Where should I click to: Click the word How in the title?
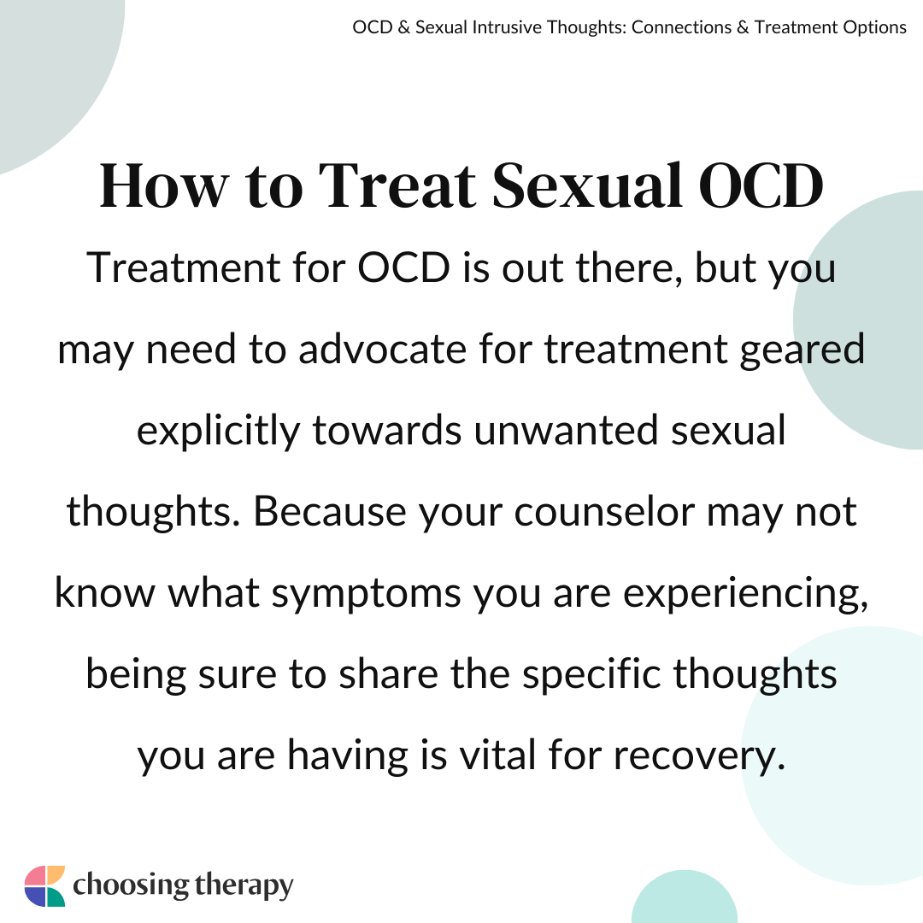click(x=163, y=185)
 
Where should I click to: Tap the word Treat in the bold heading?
click(x=397, y=185)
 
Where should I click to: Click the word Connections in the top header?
click(x=680, y=27)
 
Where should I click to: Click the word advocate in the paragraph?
click(x=383, y=349)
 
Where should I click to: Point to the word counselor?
click(x=604, y=511)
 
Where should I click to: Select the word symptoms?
click(x=366, y=594)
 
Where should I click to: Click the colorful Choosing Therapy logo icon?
click(x=44, y=886)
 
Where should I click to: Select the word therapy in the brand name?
click(x=243, y=886)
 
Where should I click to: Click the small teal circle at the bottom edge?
click(x=684, y=897)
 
